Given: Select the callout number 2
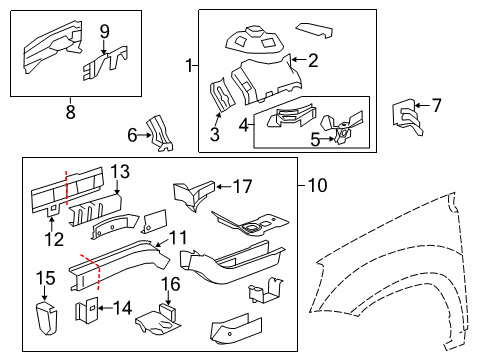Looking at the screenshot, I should [313, 61].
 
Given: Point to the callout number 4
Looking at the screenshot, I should [245, 123].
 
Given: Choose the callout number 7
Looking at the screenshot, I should [435, 104].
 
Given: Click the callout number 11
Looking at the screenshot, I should [177, 237].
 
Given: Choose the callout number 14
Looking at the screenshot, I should [124, 308].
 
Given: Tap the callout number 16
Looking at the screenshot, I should [171, 284].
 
